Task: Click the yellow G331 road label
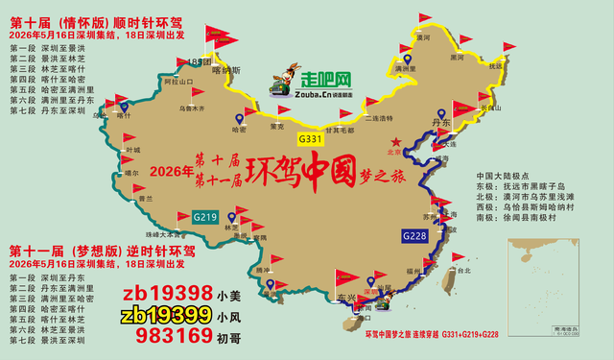tap(311, 139)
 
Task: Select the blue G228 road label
tap(415, 236)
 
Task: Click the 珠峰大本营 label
tap(164, 233)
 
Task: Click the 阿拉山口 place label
tap(153, 83)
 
